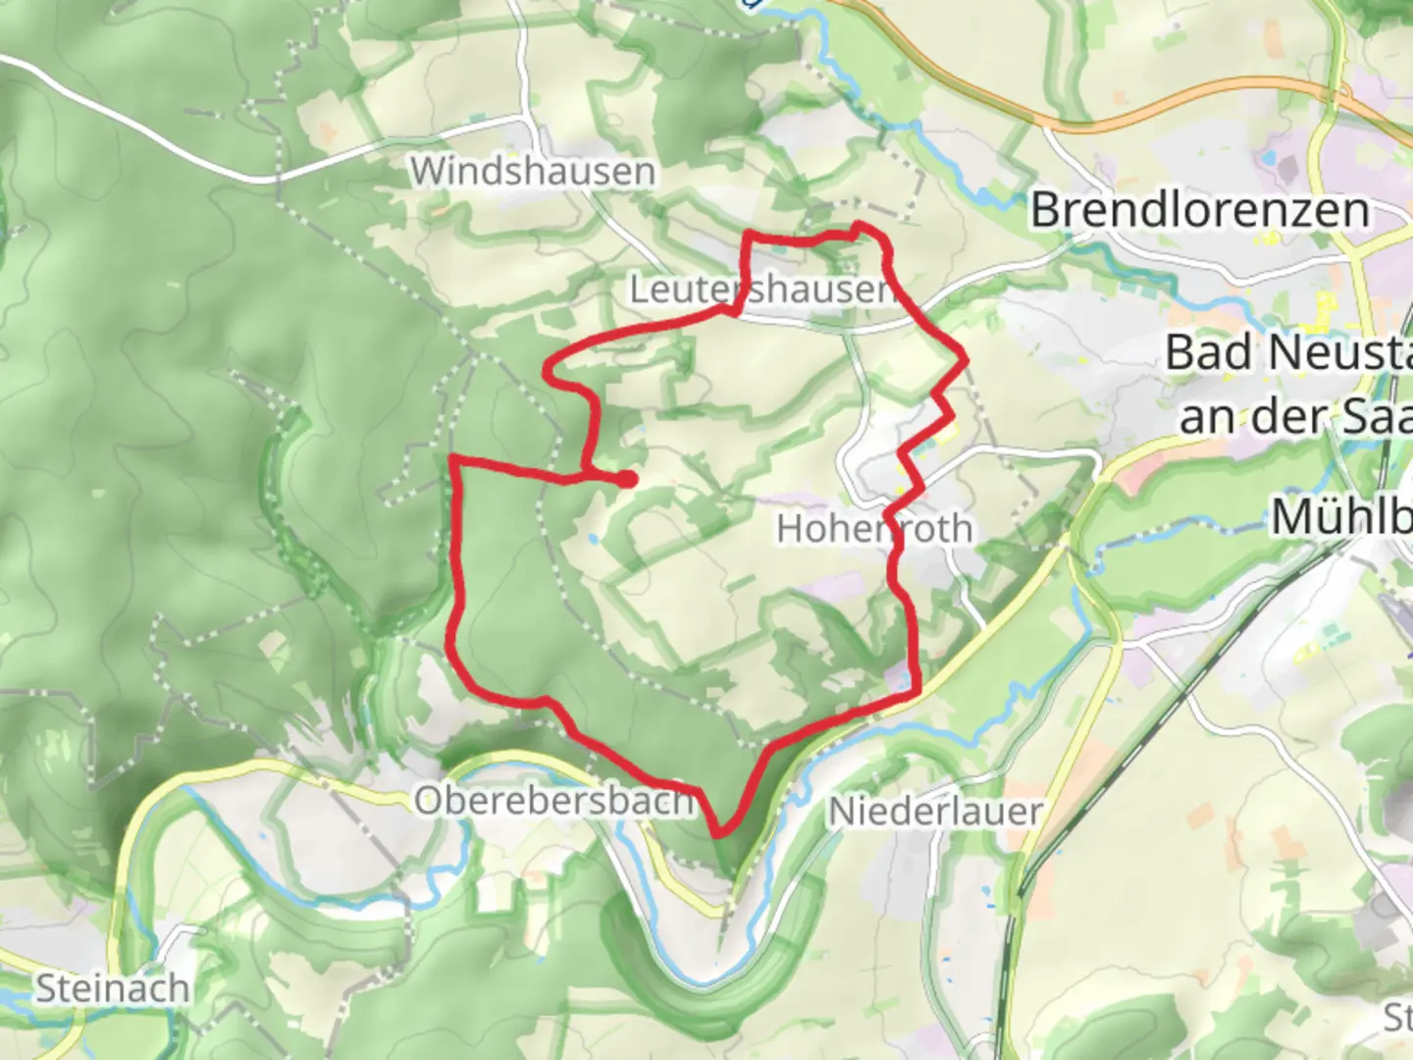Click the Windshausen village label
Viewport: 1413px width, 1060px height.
pyautogui.click(x=533, y=172)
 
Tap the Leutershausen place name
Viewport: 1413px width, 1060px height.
pyautogui.click(x=761, y=290)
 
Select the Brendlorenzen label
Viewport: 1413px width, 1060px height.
pyautogui.click(x=1199, y=210)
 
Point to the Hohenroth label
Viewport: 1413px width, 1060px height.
pyautogui.click(x=874, y=530)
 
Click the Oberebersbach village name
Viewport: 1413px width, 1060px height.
pyautogui.click(x=554, y=801)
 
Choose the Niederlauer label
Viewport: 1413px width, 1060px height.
pyautogui.click(x=935, y=812)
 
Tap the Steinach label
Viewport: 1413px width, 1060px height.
pyautogui.click(x=113, y=988)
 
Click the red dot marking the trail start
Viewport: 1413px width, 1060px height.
pyautogui.click(x=627, y=479)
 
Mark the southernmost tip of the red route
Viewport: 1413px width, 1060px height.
pyautogui.click(x=720, y=833)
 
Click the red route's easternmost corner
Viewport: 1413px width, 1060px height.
pyautogui.click(x=967, y=360)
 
